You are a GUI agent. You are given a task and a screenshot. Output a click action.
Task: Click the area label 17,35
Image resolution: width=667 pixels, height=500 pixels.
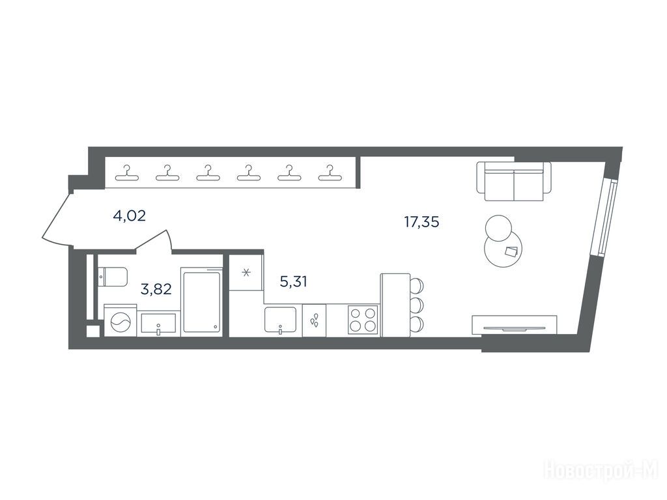pos(421,222)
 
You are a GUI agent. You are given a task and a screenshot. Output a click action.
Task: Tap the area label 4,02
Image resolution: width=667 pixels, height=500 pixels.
pos(130,216)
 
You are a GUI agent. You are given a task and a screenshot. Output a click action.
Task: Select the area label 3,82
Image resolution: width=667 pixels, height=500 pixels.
pos(156,289)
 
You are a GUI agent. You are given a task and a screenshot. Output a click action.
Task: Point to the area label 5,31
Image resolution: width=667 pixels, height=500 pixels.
pos(294,281)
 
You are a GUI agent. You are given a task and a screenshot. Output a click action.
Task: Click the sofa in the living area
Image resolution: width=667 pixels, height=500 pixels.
pos(514,181)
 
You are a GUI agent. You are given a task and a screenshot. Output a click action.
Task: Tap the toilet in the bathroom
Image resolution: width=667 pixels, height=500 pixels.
pos(112,277)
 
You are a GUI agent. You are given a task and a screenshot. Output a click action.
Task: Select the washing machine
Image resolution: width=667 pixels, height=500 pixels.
pos(121,321)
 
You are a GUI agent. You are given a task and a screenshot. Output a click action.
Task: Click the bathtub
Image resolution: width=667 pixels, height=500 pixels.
pos(202,302)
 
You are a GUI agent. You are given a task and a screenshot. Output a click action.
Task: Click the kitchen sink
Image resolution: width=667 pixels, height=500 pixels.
pos(281,320)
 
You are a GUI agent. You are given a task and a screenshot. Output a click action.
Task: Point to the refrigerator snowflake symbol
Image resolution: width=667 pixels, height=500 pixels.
pos(246,272)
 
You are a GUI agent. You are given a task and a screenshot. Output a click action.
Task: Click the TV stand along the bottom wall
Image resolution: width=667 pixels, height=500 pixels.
pos(515,326)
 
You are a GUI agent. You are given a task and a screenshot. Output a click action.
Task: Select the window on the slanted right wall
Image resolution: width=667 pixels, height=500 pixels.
pos(603,217)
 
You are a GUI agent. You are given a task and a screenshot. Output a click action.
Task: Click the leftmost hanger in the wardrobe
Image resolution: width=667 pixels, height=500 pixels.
pos(126,173)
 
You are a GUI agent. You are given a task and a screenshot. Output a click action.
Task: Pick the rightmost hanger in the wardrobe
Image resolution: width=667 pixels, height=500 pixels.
pos(329,173)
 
